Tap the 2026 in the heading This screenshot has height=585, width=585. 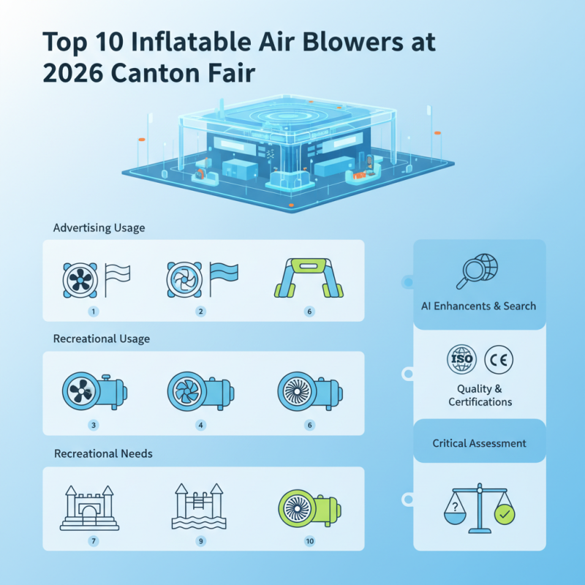pos(73,75)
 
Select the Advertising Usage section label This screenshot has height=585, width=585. pos(99,228)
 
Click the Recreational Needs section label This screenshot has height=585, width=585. pos(103,453)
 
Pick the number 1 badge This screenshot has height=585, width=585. pos(94,311)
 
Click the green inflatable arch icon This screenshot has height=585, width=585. pos(310,278)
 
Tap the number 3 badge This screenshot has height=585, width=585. pos(94,425)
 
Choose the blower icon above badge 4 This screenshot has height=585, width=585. pos(199,389)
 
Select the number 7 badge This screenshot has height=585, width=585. pos(94,541)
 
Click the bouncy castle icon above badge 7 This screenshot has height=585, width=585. pos(89,506)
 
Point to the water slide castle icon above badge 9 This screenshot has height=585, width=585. pos(199,506)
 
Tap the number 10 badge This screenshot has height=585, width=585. pos(310,541)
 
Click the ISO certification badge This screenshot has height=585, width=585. pos(461,359)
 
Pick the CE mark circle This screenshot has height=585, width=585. pos(499,359)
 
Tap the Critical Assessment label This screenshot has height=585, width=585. pos(480,443)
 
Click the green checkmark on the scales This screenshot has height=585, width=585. pos(505,515)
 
